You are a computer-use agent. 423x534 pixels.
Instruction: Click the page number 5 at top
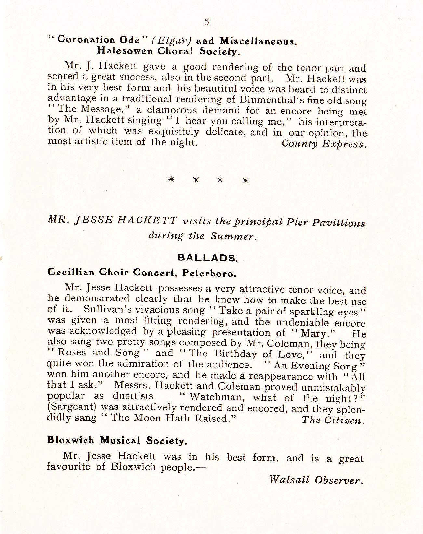pos(206,22)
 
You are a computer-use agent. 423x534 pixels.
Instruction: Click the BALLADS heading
pos(207,258)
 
